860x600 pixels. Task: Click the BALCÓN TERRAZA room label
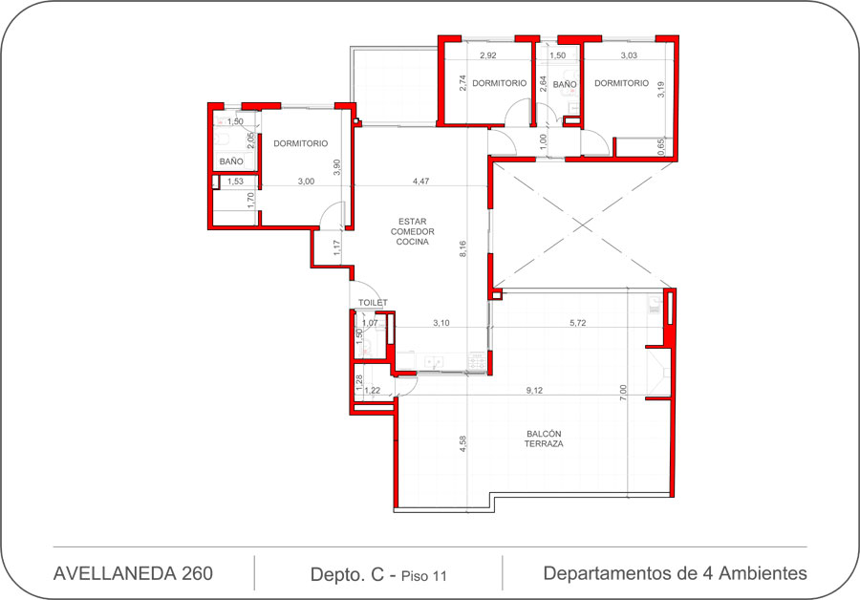(544, 439)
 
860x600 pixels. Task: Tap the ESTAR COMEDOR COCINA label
(413, 231)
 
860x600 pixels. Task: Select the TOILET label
(373, 303)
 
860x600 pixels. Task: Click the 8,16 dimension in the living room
(462, 249)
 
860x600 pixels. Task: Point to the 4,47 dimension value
(420, 181)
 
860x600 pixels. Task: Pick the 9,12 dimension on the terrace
(534, 391)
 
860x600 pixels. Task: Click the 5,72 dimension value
(577, 323)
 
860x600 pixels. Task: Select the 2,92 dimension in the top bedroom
(488, 55)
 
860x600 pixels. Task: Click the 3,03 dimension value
(629, 55)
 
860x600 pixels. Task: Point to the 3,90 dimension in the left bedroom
(336, 167)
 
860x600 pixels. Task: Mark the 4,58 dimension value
(462, 443)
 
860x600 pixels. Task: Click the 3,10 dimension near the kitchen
(441, 323)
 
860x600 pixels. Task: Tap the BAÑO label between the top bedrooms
(565, 84)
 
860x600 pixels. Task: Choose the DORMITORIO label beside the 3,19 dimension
(621, 83)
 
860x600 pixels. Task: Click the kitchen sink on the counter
(432, 362)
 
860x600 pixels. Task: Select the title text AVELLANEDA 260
(133, 573)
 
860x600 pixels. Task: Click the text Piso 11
(424, 576)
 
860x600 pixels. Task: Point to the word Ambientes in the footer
(763, 573)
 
